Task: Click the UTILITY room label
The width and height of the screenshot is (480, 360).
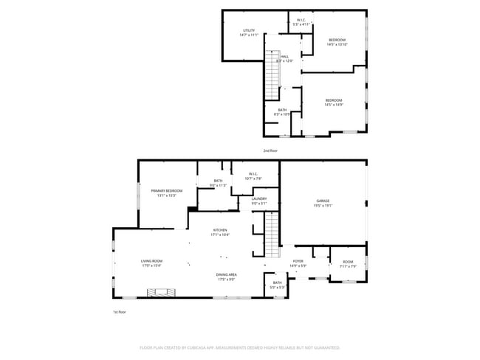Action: pyautogui.click(x=249, y=30)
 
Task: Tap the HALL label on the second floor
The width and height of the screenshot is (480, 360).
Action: pyautogui.click(x=284, y=56)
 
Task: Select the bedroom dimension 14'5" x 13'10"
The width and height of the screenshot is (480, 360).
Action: pyautogui.click(x=337, y=44)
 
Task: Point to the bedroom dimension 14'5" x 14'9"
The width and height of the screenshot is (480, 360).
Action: pyautogui.click(x=334, y=105)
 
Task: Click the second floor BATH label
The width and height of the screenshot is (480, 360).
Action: pyautogui.click(x=282, y=110)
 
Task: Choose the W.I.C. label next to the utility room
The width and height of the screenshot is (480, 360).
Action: pyautogui.click(x=301, y=20)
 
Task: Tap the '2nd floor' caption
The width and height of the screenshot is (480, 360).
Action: pyautogui.click(x=270, y=150)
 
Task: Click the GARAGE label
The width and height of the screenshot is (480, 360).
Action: pyautogui.click(x=323, y=201)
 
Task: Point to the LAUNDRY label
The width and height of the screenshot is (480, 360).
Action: pyautogui.click(x=258, y=198)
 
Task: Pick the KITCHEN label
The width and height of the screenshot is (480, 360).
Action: pyautogui.click(x=221, y=230)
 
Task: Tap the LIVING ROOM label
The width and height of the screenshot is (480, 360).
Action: pyautogui.click(x=151, y=261)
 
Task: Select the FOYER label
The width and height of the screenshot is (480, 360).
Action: pyautogui.click(x=298, y=261)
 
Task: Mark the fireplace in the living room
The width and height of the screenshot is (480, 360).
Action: pyautogui.click(x=160, y=293)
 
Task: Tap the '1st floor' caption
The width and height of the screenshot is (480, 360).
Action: pyautogui.click(x=120, y=312)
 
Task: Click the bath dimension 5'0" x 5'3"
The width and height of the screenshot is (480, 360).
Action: pyautogui.click(x=277, y=287)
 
